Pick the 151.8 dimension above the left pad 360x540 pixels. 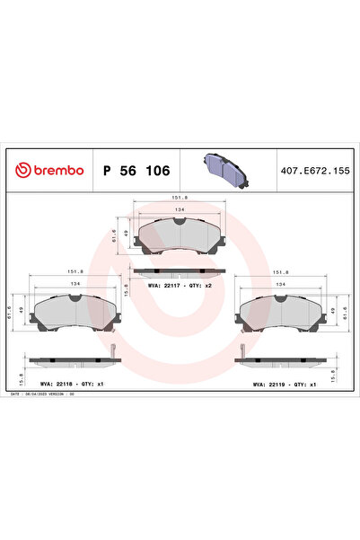(x=76, y=270)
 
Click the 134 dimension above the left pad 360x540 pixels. (x=76, y=282)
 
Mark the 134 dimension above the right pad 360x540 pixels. (x=284, y=282)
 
